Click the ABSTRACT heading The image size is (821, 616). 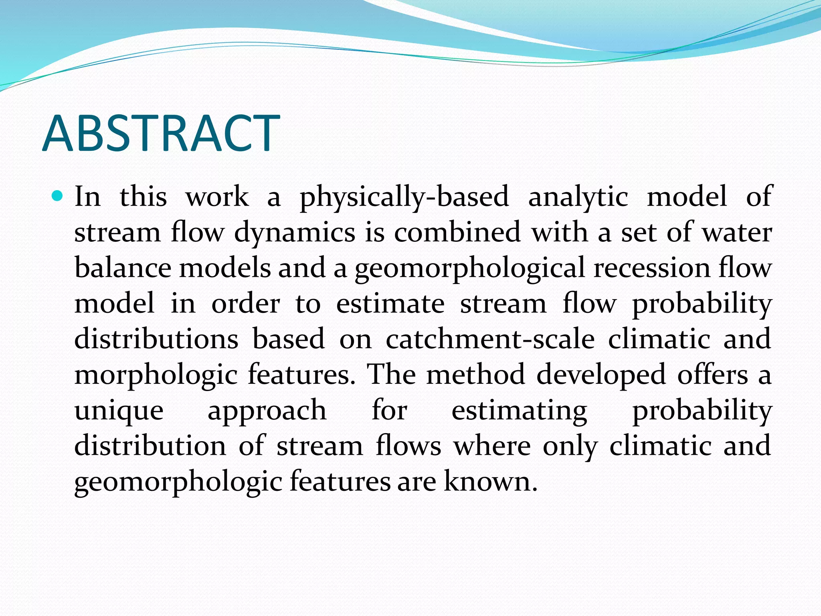[161, 133]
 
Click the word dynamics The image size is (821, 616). [295, 233]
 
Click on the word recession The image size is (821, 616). [652, 267]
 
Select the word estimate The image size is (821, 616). [390, 304]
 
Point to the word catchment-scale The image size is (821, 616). [490, 339]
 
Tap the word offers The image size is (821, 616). [712, 375]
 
